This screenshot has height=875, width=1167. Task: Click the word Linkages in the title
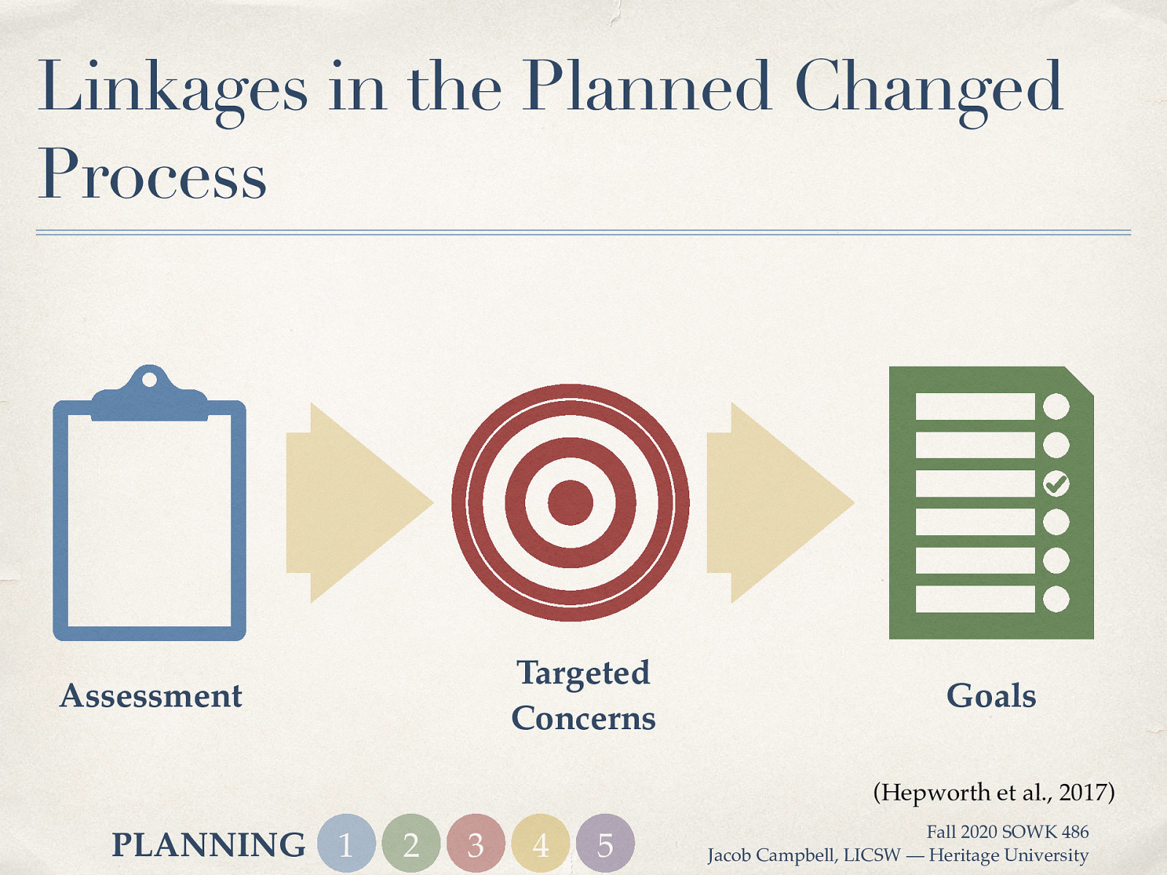[x=173, y=89]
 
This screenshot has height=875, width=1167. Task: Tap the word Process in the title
[x=152, y=175]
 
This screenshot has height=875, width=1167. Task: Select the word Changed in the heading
[x=928, y=89]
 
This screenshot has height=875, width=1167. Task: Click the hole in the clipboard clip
[x=149, y=380]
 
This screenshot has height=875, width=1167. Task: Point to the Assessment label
[x=151, y=696]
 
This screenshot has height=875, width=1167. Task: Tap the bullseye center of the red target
[x=570, y=502]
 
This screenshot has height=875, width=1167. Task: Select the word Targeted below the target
[x=583, y=673]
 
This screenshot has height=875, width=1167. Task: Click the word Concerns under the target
[x=583, y=718]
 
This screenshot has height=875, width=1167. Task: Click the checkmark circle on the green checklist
[x=1056, y=483]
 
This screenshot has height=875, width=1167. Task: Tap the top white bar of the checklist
[x=975, y=406]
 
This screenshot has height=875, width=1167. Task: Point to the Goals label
[x=990, y=696]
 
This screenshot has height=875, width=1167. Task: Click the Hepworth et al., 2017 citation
[x=993, y=792]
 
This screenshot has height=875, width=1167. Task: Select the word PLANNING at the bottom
[x=209, y=845]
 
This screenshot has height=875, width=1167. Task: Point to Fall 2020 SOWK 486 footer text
[x=1007, y=832]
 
